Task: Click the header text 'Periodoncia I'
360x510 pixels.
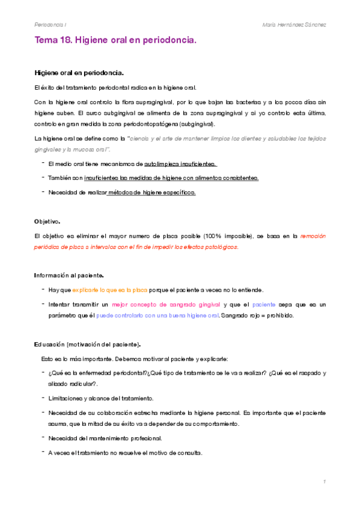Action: [x=51, y=24]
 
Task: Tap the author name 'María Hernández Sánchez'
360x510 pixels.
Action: [x=294, y=24]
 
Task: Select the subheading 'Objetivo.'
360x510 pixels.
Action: [x=47, y=221]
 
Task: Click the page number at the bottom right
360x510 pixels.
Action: [x=324, y=482]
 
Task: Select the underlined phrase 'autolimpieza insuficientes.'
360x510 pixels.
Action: [x=180, y=163]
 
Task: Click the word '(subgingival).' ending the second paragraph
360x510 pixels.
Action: [x=195, y=124]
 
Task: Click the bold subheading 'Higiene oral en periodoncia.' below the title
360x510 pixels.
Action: [x=79, y=73]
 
